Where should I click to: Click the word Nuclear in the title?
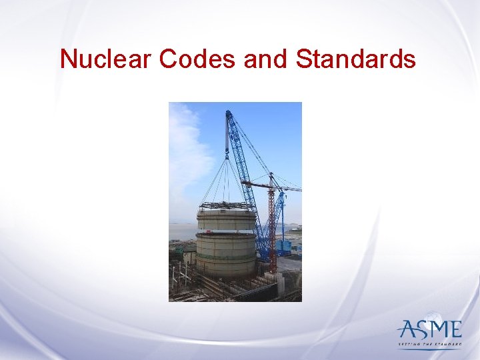(x=107, y=59)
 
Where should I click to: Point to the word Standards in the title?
(x=356, y=59)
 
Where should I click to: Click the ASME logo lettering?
(x=430, y=330)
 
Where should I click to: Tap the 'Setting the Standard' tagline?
(x=429, y=344)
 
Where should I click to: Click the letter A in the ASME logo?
(x=407, y=330)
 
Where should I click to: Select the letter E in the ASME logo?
(x=455, y=330)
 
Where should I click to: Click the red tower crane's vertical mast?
(x=272, y=227)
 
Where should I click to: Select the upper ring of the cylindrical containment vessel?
(x=226, y=220)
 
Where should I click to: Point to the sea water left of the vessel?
(x=182, y=231)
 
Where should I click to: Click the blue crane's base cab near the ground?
(x=283, y=247)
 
